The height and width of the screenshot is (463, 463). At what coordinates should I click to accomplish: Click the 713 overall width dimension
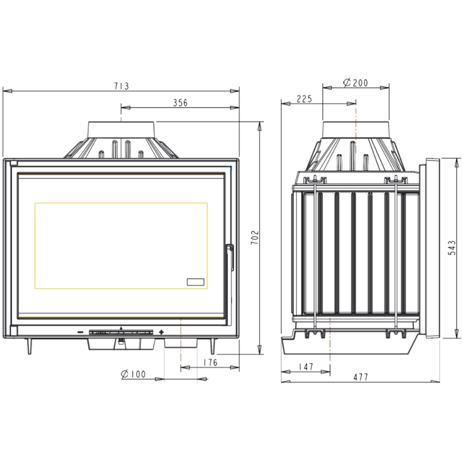click(x=122, y=86)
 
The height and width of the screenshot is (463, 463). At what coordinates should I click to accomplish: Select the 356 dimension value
click(x=180, y=103)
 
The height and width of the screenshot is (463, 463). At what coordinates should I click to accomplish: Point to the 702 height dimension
click(x=255, y=238)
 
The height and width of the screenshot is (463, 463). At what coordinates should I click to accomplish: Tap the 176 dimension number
click(x=210, y=363)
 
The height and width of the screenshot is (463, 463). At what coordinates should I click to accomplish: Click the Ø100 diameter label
click(x=133, y=374)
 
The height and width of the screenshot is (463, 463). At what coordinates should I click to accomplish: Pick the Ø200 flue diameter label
click(x=356, y=83)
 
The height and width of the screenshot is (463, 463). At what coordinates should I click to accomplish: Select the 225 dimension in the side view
click(x=304, y=99)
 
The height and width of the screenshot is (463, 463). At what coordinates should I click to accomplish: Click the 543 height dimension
click(x=452, y=248)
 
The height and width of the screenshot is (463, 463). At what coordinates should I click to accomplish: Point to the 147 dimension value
click(x=306, y=367)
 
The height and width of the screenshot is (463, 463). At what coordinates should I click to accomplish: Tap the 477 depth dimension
click(x=361, y=377)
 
